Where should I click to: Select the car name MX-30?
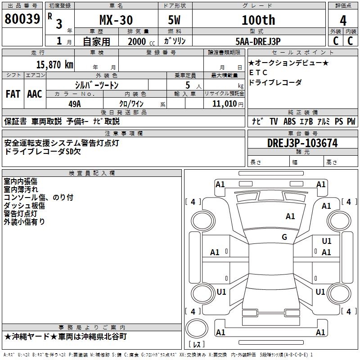(x=116, y=20)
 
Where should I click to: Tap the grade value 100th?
(x=258, y=20)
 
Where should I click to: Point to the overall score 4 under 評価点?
(x=343, y=20)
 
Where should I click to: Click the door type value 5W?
(x=175, y=20)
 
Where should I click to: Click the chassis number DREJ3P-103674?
(x=302, y=143)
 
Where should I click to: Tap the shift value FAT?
(x=13, y=94)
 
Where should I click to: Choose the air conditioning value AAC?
(x=35, y=94)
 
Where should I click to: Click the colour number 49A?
(x=75, y=103)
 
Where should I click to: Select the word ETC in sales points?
(x=258, y=73)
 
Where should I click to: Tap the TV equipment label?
(x=274, y=121)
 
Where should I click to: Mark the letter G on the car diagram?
(x=284, y=237)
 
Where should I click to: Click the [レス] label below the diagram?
(x=196, y=344)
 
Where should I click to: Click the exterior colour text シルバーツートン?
(x=96, y=85)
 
